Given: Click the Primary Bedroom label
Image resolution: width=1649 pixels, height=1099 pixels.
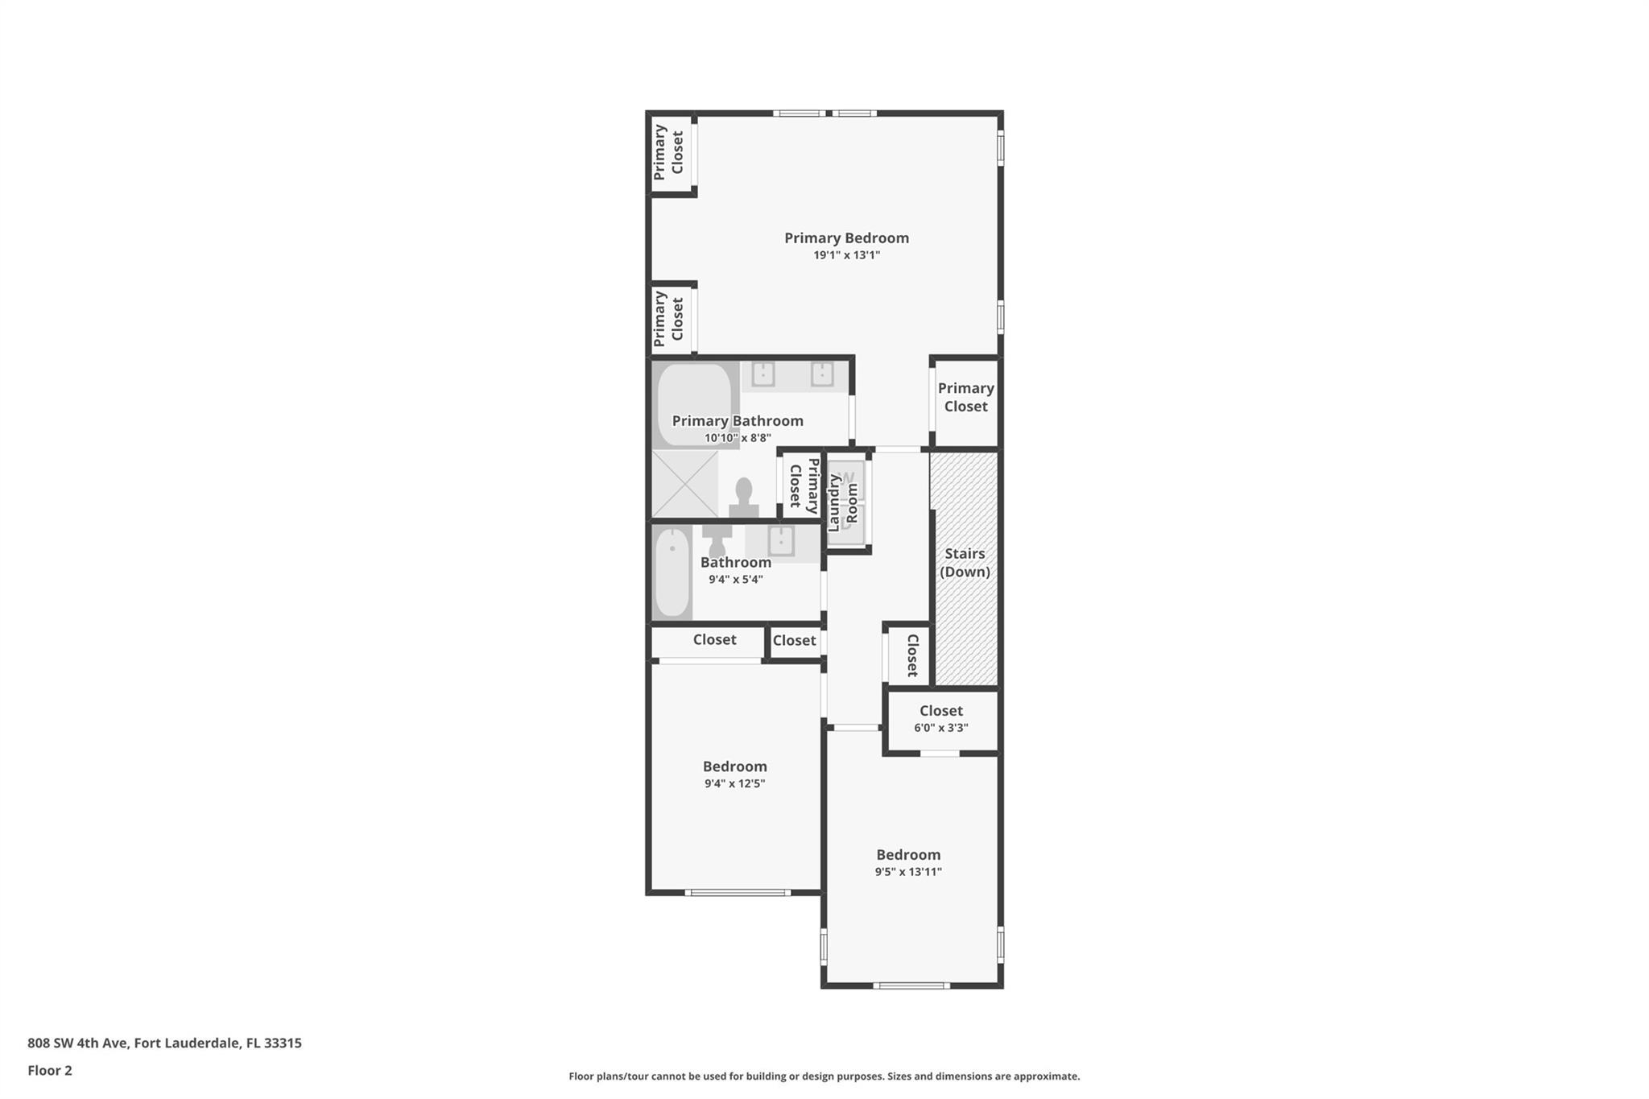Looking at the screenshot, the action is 846,238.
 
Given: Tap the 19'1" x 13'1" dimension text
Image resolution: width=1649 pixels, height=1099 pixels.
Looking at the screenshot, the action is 846,255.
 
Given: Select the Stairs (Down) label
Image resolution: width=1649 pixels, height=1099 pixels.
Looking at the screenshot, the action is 965,563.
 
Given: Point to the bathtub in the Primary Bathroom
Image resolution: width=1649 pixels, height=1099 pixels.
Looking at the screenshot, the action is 694,405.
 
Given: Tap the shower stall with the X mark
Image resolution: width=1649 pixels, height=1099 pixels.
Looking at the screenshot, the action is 684,484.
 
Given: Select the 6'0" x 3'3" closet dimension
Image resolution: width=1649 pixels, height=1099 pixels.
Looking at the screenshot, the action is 940,728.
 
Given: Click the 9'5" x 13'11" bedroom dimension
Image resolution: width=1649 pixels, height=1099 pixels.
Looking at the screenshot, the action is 908,872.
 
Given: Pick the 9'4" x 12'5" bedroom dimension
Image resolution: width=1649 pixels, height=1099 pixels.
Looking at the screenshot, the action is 734,783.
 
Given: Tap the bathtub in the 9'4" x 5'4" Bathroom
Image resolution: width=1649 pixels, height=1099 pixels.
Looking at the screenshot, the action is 672,572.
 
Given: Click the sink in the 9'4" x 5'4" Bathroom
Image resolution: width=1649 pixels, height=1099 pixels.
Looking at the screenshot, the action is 781,541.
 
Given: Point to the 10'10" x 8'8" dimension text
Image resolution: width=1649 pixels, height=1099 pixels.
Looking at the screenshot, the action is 738,438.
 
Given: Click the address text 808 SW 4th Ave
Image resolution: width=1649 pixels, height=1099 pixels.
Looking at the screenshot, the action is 78,1043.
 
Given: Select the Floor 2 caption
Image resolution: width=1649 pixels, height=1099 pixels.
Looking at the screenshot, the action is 50,1070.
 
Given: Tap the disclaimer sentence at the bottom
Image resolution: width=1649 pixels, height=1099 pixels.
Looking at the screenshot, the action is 824,1076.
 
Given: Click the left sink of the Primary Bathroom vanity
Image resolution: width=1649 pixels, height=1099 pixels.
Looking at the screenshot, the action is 763,374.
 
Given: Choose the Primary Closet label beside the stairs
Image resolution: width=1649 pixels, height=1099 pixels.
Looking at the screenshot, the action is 965,398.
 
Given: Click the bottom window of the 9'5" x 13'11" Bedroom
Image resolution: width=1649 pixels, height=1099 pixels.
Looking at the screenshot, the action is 911,985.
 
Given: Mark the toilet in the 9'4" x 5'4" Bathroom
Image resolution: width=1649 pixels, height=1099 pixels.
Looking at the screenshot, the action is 716,540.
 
